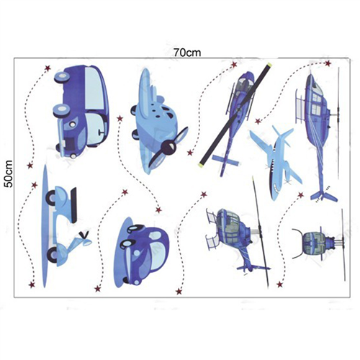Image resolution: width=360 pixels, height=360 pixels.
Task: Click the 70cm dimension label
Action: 187,53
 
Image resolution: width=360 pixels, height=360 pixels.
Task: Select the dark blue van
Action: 81,112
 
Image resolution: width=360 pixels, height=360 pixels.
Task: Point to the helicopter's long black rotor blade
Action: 236,114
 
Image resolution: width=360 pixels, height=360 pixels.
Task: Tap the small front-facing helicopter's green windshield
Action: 311,244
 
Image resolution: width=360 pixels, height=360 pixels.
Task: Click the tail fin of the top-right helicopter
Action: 324,196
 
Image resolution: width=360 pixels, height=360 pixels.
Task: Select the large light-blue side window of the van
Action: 94,88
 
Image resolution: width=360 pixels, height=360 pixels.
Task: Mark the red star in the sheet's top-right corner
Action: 328,63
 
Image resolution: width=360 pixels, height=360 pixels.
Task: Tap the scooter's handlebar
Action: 84,233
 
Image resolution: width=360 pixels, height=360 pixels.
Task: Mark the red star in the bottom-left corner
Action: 32,284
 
